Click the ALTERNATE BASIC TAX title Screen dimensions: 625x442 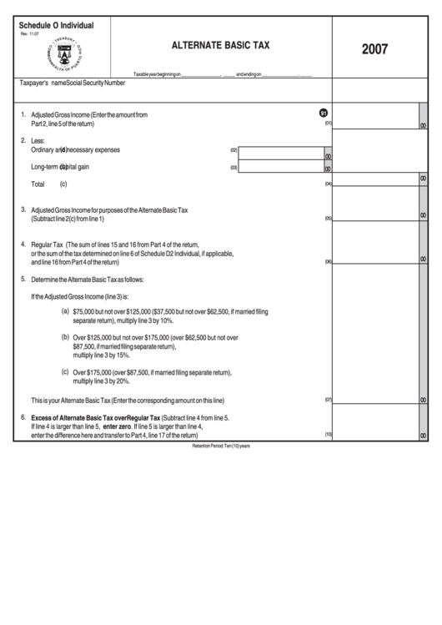[x=219, y=48]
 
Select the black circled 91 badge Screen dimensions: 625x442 [x=324, y=113]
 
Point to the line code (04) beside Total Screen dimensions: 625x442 [x=329, y=184]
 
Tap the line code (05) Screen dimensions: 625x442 [x=329, y=219]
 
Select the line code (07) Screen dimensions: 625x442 [x=329, y=400]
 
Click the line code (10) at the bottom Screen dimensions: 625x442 [x=329, y=435]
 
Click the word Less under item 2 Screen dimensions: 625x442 [x=38, y=141]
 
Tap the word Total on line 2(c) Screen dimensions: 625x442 [x=38, y=184]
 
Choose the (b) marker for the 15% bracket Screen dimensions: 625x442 [x=66, y=337]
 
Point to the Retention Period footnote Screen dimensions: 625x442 [x=220, y=446]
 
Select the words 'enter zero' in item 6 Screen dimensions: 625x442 [x=118, y=426]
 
